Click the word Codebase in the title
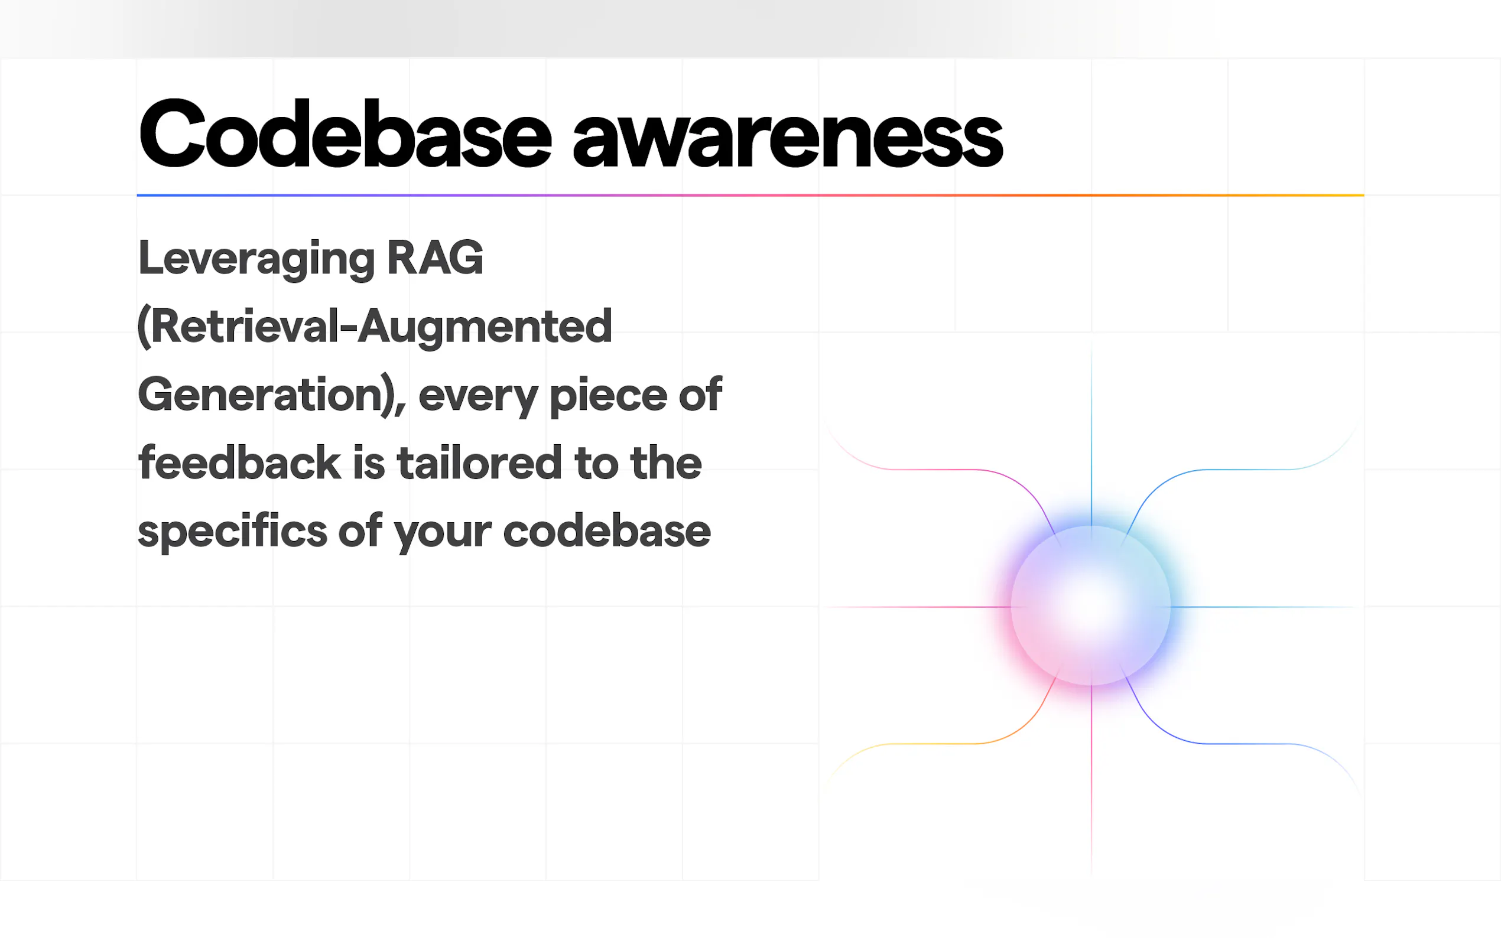coord(345,133)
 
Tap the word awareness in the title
coord(787,138)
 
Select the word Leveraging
coord(256,259)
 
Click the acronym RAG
coord(434,258)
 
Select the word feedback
coord(239,462)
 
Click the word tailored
coord(479,462)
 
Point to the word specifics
coord(232,532)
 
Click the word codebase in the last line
coord(607,531)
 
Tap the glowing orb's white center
coord(1091,605)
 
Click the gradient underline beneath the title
coord(750,195)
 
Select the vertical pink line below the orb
coord(1091,779)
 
